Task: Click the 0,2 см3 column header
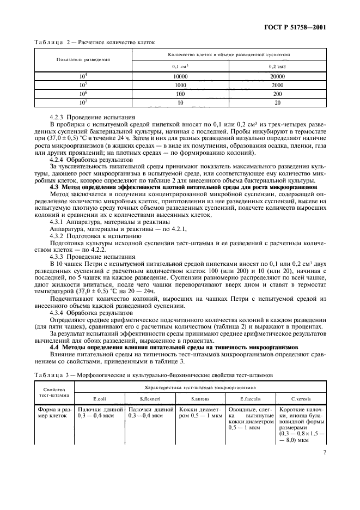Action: point(277,66)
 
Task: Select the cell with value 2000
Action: point(277,86)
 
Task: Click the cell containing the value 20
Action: point(277,102)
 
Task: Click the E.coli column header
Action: point(100,399)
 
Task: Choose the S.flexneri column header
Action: point(149,399)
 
